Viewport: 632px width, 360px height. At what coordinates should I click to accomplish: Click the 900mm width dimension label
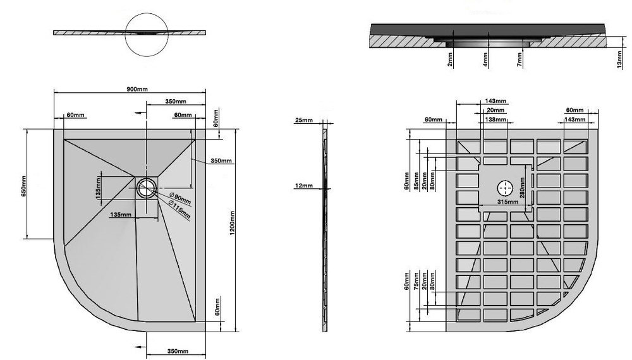point(137,90)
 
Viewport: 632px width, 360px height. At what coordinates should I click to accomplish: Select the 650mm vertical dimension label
point(22,184)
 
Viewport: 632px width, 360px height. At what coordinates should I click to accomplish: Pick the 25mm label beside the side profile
point(303,121)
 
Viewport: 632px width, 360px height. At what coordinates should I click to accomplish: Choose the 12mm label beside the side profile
point(303,186)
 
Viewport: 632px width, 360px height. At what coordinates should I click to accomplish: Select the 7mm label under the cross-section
point(519,61)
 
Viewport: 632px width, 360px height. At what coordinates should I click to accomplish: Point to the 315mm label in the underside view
point(507,203)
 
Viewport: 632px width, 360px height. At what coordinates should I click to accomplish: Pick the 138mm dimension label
point(495,119)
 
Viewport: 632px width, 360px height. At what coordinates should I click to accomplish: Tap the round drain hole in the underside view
point(504,188)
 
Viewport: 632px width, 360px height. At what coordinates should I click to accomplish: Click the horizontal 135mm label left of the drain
point(121,215)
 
